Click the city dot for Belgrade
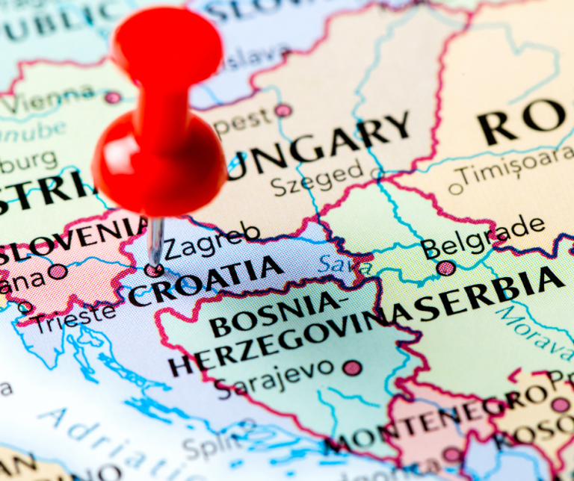[445, 267]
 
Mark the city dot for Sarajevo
[352, 367]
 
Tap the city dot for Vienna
[112, 97]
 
